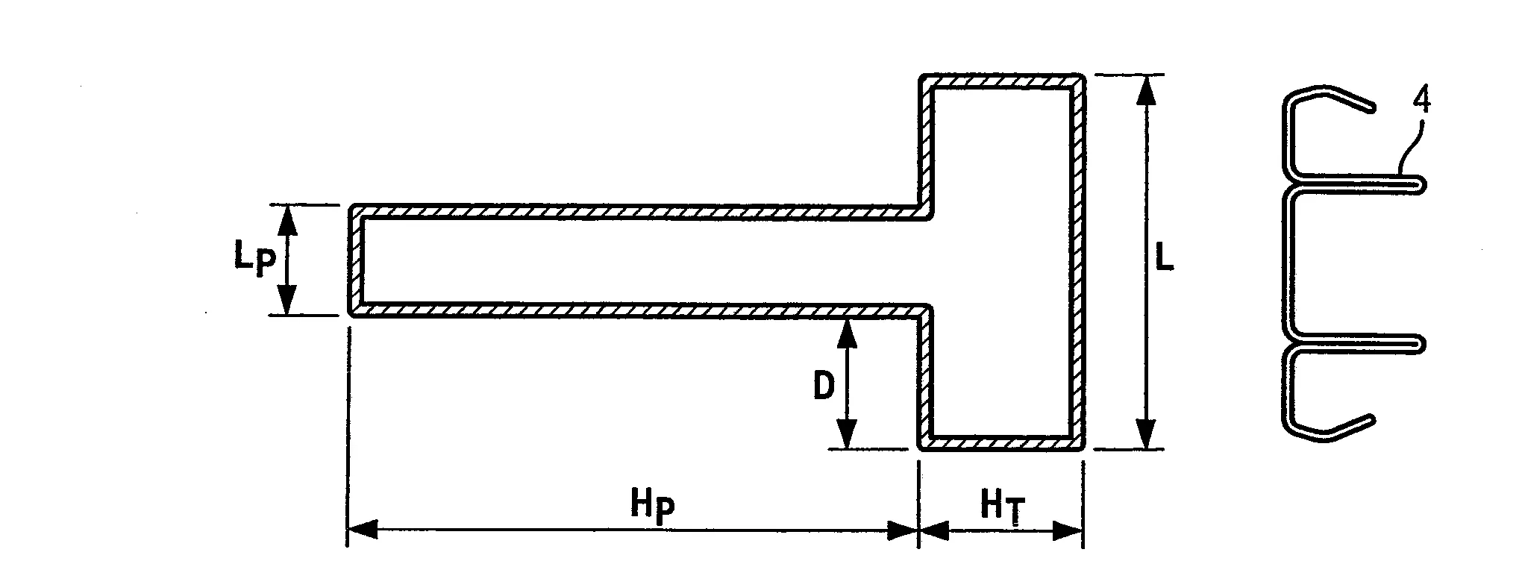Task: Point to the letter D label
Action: click(823, 386)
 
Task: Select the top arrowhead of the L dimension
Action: click(1147, 89)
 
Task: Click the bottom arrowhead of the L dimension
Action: click(1147, 435)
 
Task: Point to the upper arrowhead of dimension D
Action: click(845, 332)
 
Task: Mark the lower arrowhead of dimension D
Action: click(845, 436)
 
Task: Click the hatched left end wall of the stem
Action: click(357, 260)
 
